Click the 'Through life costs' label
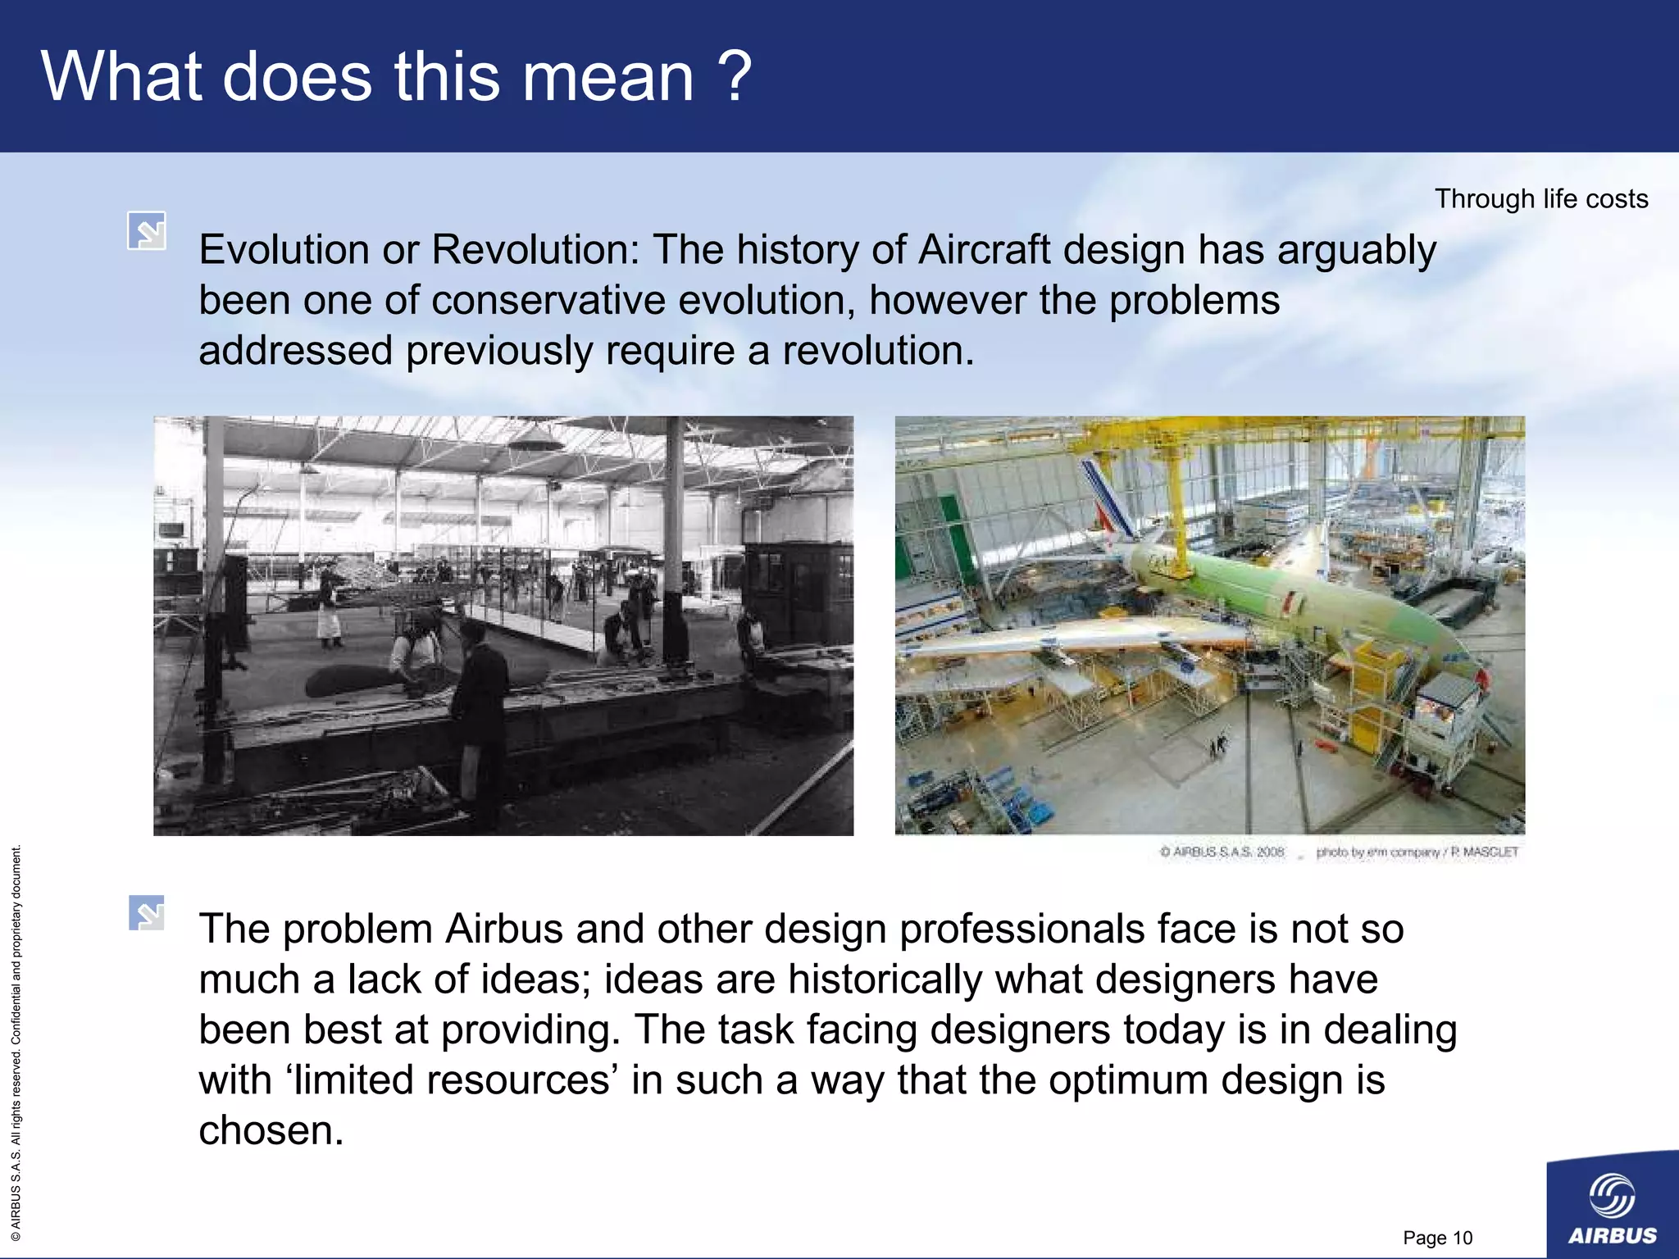click(x=1540, y=199)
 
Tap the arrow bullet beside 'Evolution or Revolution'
click(x=147, y=231)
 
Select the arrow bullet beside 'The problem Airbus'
click(x=147, y=913)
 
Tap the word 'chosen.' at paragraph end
click(x=271, y=1131)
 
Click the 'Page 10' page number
click(x=1437, y=1238)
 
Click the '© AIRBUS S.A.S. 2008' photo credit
click(x=1222, y=852)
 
